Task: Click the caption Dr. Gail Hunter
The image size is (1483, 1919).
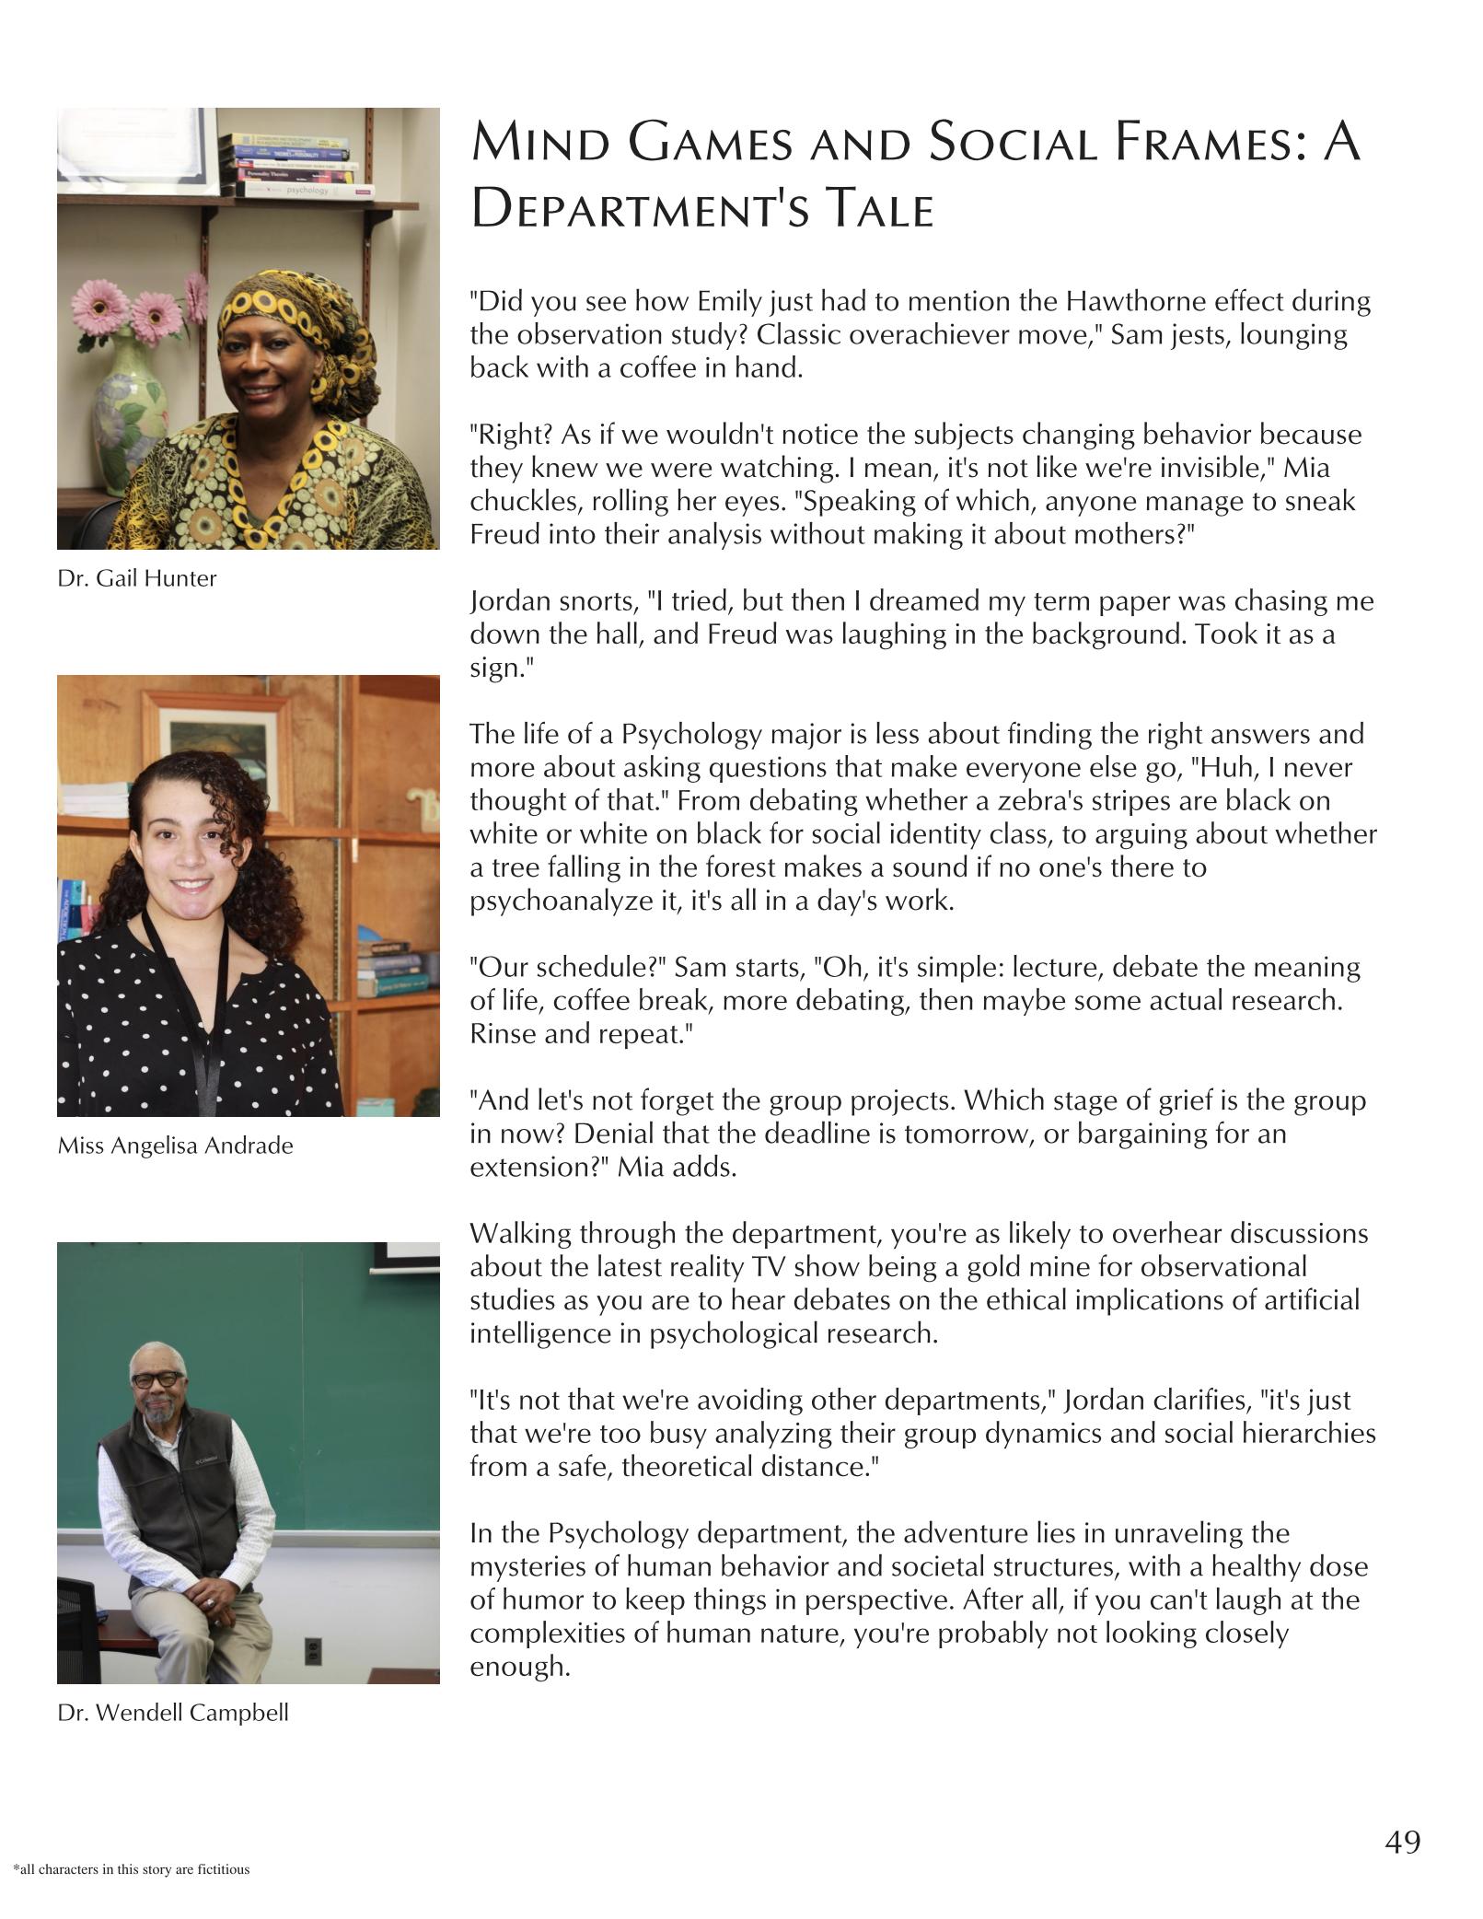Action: [x=137, y=578]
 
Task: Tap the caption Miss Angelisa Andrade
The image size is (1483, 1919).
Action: [x=175, y=1146]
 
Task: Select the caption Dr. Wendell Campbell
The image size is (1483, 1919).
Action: [x=173, y=1713]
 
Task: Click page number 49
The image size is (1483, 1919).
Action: [x=1402, y=1842]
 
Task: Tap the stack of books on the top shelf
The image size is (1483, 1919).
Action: [x=293, y=166]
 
